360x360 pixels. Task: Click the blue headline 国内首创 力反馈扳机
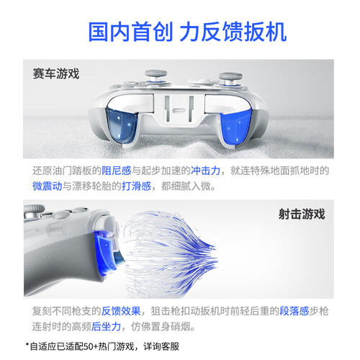tap(187, 32)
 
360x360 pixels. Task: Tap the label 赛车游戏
tap(56, 73)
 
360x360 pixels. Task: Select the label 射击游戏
tap(302, 214)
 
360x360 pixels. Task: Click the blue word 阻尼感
tap(117, 171)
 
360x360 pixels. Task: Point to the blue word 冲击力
tap(205, 171)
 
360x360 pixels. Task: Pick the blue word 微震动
tap(47, 186)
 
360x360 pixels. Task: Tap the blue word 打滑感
tap(136, 186)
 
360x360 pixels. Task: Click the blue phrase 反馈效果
tap(121, 311)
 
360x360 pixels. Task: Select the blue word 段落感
tap(294, 311)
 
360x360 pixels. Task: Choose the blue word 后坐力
tap(106, 326)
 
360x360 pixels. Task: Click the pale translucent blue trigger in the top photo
tap(121, 126)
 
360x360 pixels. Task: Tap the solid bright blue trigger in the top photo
tap(235, 127)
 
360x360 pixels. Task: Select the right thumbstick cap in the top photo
tap(230, 76)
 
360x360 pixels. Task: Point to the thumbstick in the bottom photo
tap(34, 211)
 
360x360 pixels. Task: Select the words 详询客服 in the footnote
tap(161, 346)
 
